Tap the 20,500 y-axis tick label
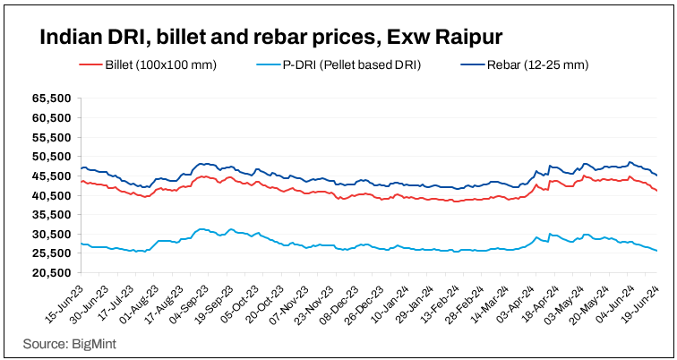pyautogui.click(x=54, y=272)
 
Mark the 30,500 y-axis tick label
pyautogui.click(x=54, y=234)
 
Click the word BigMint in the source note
pyautogui.click(x=97, y=343)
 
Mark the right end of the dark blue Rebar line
pyautogui.click(x=657, y=176)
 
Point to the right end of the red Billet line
pyautogui.click(x=657, y=191)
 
